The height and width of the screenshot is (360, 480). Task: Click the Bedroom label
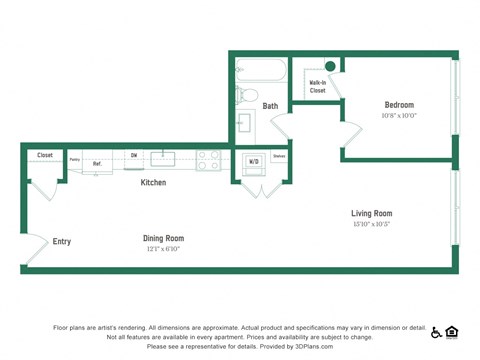399,104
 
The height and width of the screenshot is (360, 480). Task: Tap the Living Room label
371,213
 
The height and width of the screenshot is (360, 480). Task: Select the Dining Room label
163,238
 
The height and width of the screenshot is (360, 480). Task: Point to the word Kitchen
153,183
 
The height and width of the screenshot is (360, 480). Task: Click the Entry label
62,241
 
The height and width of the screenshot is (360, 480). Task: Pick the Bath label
270,106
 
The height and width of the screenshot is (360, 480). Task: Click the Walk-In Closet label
317,87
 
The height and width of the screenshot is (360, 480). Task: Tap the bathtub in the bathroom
260,71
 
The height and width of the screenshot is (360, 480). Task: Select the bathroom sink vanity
245,127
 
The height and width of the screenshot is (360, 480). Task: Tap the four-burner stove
208,158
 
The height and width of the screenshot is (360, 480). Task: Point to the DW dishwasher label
133,155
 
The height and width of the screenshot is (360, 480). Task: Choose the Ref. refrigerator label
98,163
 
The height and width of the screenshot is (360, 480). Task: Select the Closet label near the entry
45,155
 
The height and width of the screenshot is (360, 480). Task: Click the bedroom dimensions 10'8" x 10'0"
399,115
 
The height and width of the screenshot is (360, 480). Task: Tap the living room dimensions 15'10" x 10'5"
371,224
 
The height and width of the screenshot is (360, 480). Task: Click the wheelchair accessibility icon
432,331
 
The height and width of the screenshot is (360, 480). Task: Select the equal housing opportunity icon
451,331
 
